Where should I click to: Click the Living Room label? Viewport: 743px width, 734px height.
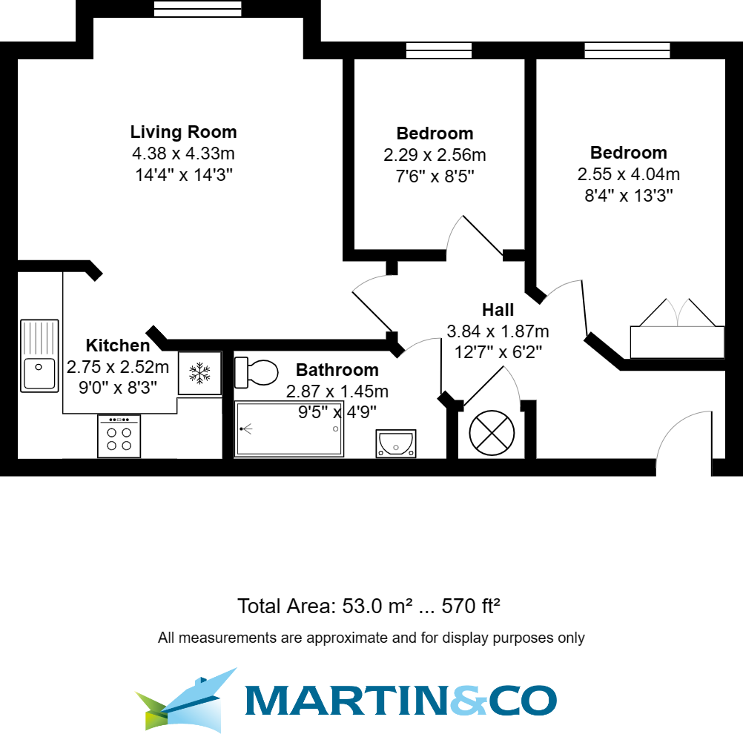pos(183,132)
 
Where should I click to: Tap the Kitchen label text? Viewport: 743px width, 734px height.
pos(117,345)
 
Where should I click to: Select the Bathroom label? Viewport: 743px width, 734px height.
pos(337,370)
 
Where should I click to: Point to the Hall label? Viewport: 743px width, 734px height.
pos(498,310)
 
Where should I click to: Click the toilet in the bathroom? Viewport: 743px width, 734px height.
pos(255,372)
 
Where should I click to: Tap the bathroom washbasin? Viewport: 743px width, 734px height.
pos(396,443)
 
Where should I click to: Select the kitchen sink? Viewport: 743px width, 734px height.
pos(39,355)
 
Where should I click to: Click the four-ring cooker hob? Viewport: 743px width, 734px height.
pos(119,437)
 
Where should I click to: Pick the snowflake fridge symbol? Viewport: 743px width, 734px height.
pos(199,373)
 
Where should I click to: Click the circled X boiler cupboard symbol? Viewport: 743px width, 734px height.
pos(492,433)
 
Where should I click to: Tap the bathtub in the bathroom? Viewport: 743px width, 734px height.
pos(289,429)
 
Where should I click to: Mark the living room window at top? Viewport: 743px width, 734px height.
pos(197,8)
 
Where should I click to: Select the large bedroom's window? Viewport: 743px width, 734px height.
pos(627,50)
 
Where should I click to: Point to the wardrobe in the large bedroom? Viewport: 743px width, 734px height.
pos(676,342)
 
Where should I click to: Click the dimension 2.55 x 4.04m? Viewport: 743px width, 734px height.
pos(628,175)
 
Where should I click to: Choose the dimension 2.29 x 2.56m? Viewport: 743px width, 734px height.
pos(435,156)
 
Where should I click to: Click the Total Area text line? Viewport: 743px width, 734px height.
pos(369,606)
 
